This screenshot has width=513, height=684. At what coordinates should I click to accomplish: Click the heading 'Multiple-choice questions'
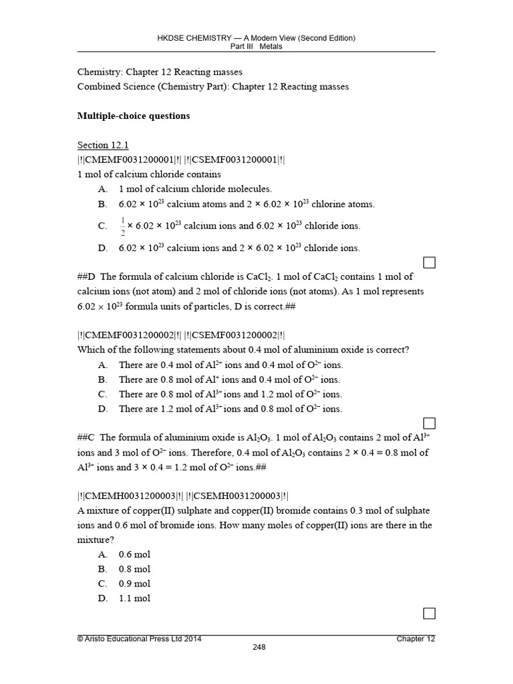tap(134, 116)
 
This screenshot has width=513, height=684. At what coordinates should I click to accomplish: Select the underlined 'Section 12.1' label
tap(103, 145)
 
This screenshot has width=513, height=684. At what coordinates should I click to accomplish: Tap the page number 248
tap(259, 647)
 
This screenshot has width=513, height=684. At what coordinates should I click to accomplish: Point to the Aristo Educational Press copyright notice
tap(140, 639)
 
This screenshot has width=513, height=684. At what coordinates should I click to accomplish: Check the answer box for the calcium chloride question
tap(430, 263)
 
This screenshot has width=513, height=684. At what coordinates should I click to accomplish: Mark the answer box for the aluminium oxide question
tap(430, 423)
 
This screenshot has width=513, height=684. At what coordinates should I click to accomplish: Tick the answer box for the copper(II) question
tap(430, 613)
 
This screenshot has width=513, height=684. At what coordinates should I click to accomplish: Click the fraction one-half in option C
tap(122, 226)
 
